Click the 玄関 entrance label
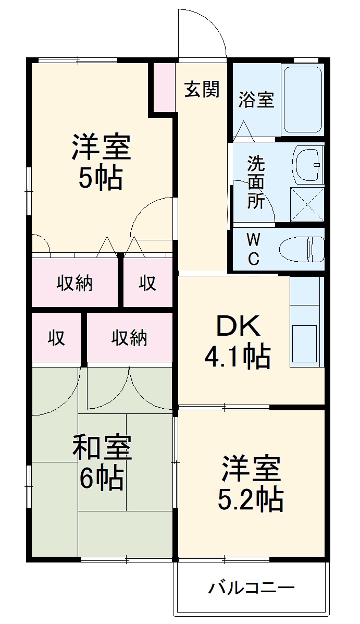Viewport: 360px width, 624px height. [x=202, y=90]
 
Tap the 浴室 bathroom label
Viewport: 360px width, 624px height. [x=256, y=99]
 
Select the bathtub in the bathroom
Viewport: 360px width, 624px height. [x=302, y=99]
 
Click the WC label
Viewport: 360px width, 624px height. [x=253, y=249]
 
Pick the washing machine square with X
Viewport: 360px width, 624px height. [x=307, y=204]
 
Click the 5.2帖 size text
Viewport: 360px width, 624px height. [x=251, y=499]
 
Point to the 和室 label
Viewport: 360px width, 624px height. [x=102, y=447]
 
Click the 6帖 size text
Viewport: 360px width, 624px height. [x=102, y=478]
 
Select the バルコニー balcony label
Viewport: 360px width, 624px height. [x=252, y=589]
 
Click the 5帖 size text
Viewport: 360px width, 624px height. [x=101, y=179]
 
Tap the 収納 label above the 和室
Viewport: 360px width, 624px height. [x=129, y=338]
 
